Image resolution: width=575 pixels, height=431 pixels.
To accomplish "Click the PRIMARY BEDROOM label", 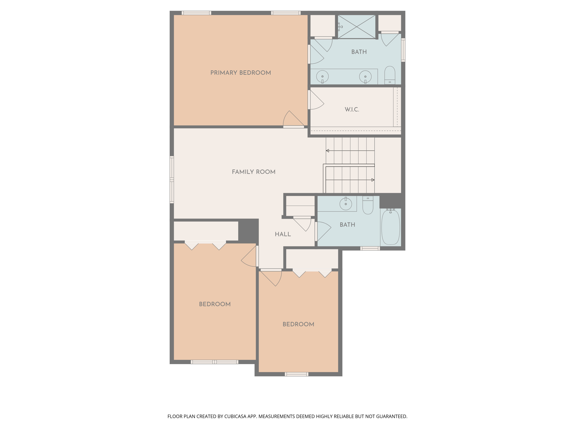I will coord(241,73).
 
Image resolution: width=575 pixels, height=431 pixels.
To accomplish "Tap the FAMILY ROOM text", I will coord(253,172).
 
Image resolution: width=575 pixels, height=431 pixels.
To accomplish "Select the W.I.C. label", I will coord(352,109).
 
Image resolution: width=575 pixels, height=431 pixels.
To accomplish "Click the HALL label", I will coord(283,234).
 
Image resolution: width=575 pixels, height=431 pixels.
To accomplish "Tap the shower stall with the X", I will coord(357,27).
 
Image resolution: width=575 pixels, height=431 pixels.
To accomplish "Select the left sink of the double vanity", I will coord(322,77).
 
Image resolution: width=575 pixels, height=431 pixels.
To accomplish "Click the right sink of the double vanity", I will coord(365,77).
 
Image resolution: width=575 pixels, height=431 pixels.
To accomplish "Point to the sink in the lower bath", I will coord(346,204).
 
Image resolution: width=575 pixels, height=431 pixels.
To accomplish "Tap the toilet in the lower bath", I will coord(368,206).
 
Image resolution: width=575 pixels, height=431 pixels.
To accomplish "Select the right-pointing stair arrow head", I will coord(373,180).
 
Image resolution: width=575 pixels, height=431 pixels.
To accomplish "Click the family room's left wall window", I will coord(172,179).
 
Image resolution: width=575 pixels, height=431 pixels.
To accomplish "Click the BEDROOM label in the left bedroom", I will coord(215,304).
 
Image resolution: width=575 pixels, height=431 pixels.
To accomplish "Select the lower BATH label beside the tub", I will coord(347,225).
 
